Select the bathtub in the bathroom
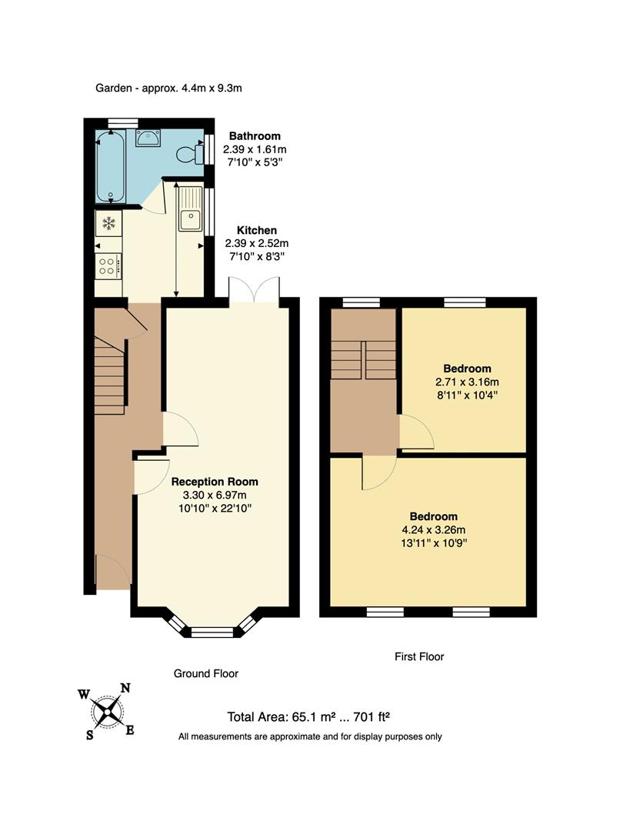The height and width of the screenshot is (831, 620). point(111,165)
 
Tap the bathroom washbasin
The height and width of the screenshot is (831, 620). point(148,138)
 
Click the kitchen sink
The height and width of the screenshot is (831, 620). point(189,210)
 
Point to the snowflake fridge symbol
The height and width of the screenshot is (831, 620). point(108,224)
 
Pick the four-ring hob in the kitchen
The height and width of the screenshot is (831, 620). point(108,266)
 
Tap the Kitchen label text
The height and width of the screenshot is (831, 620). point(256,230)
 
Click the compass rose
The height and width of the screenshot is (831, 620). point(107,711)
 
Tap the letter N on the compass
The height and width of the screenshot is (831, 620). point(125,689)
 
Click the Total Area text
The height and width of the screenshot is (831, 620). point(308,717)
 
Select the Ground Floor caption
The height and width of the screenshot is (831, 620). point(205,673)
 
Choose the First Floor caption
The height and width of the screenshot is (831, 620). point(418,656)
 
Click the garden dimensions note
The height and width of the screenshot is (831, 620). point(168,88)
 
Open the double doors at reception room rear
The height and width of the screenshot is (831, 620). point(253,292)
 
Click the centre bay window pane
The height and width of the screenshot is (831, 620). point(212,632)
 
